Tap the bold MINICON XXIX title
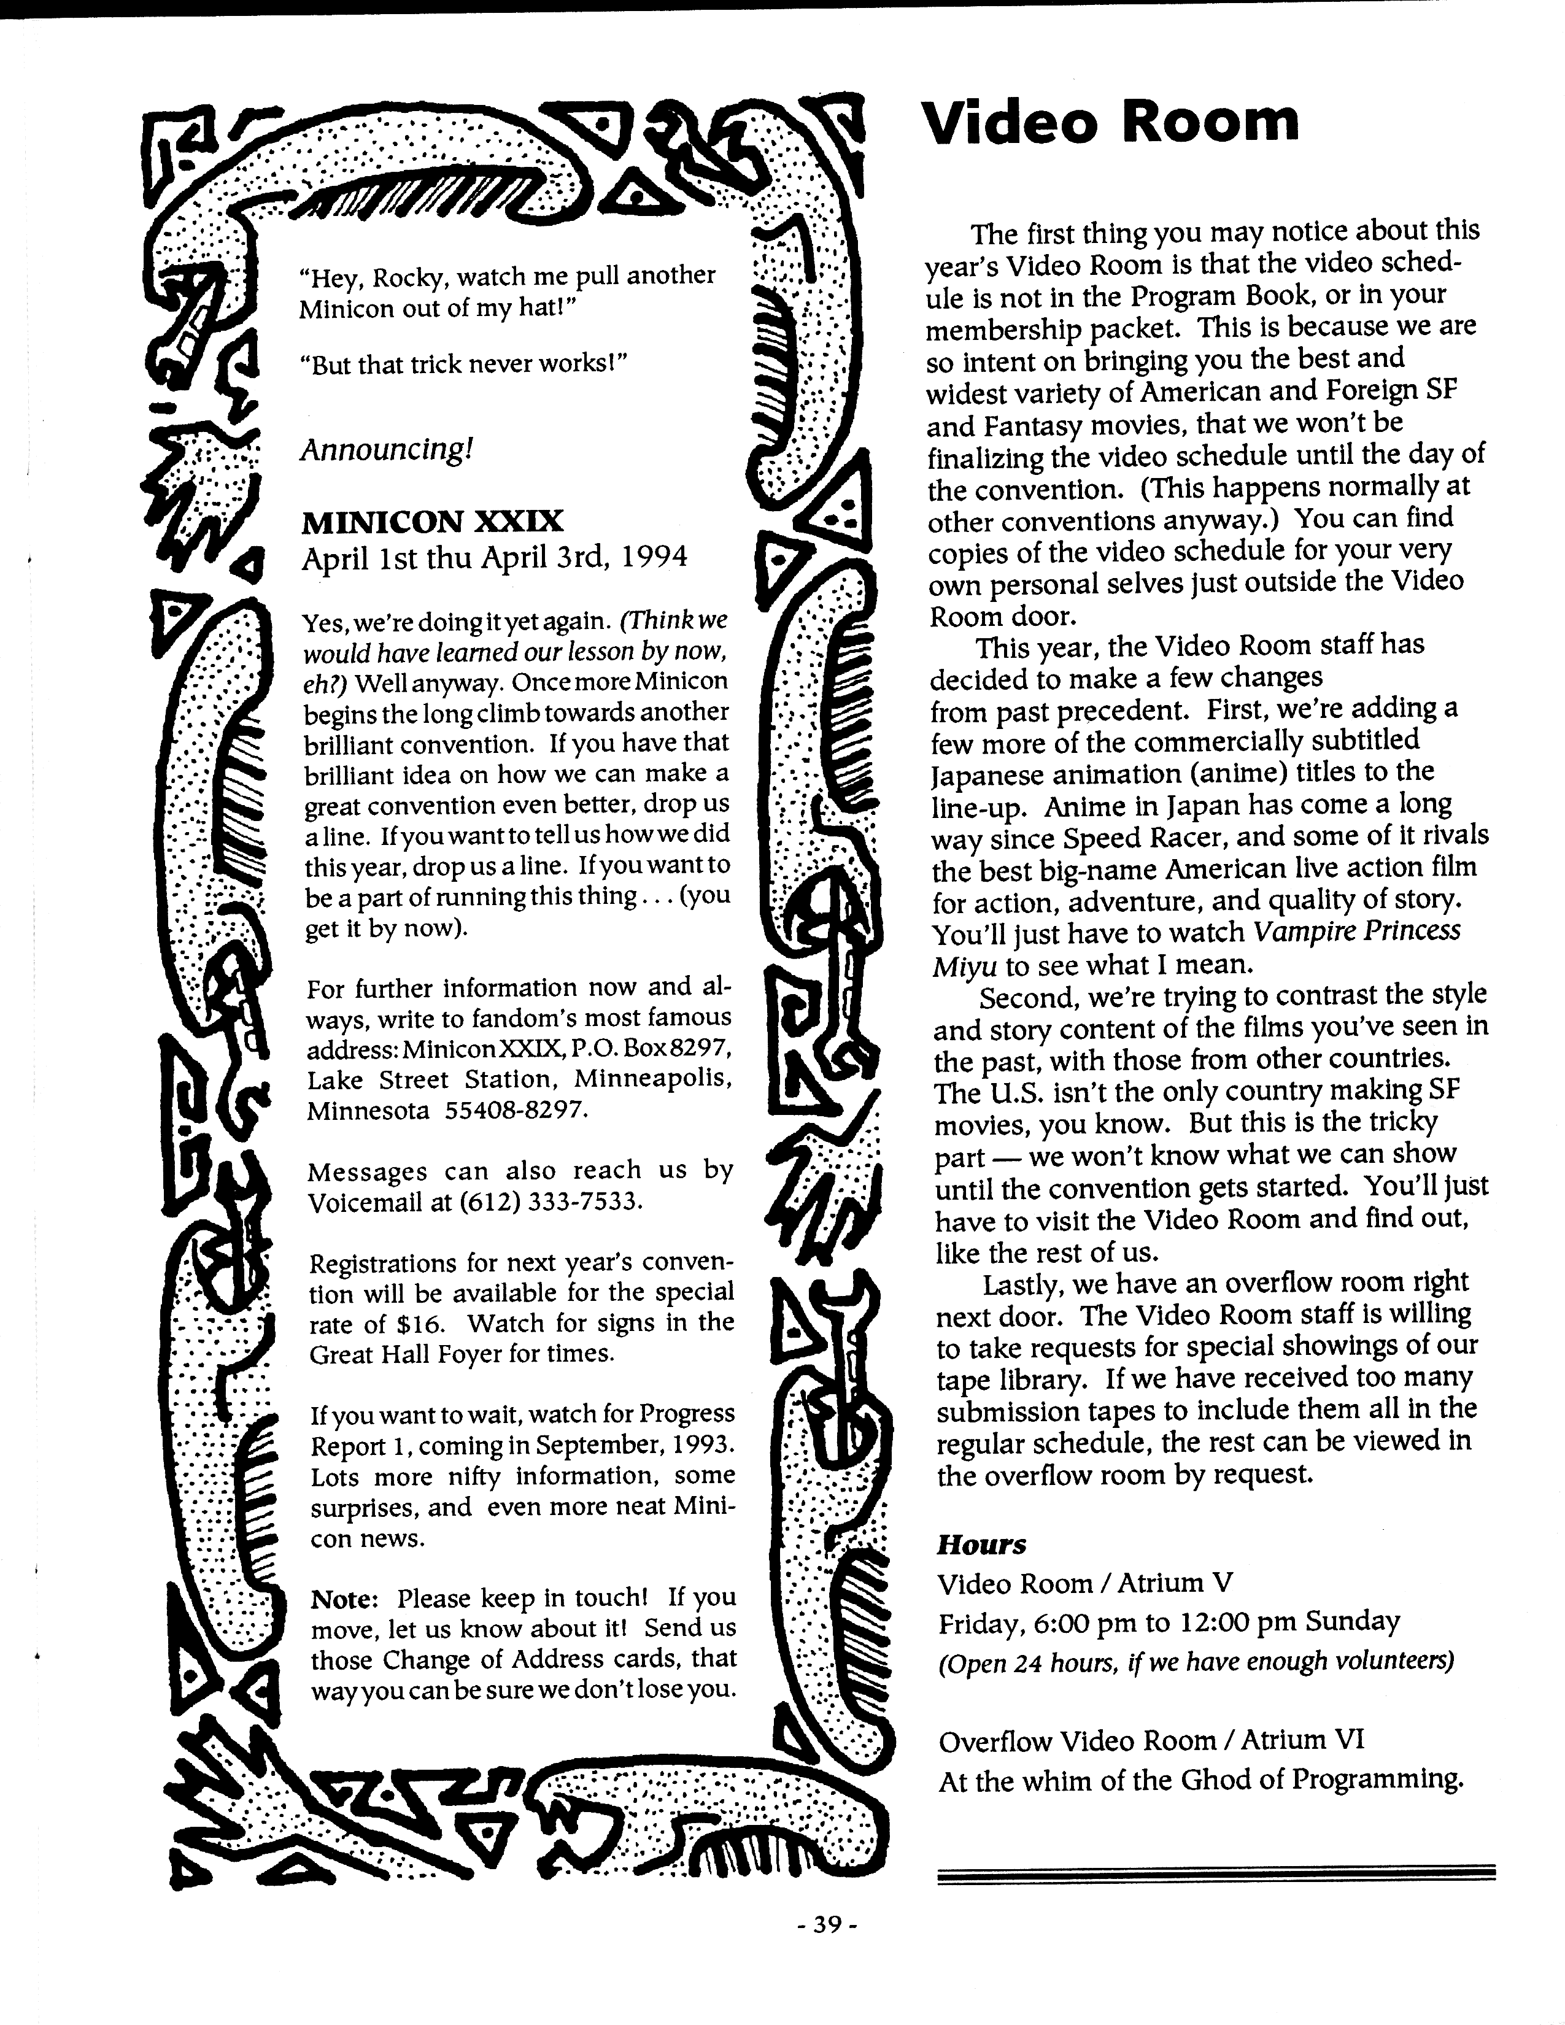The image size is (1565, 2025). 432,522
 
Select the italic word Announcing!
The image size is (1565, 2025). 387,450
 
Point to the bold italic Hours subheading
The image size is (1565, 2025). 981,1545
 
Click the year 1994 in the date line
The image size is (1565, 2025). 655,557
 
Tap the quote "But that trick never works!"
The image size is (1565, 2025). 463,364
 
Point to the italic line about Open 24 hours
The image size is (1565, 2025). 1195,1662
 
